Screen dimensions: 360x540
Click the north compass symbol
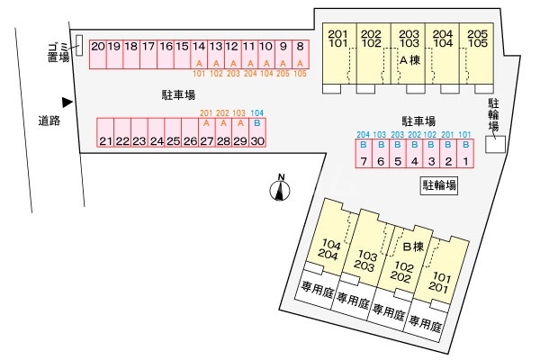(x=281, y=189)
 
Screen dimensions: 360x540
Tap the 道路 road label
(x=49, y=120)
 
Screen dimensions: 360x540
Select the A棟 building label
(x=409, y=60)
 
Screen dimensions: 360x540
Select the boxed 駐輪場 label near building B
(x=438, y=186)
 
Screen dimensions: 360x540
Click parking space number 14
(x=199, y=47)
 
